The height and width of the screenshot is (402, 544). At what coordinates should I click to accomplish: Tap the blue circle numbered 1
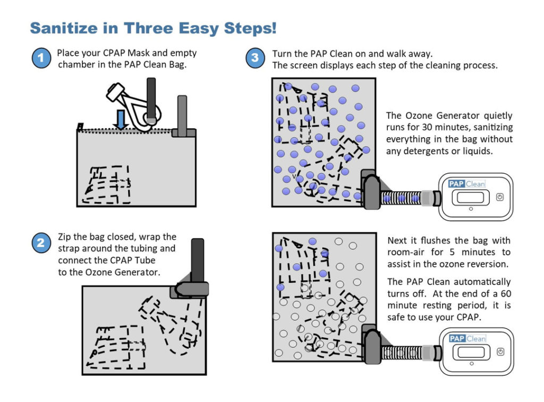(x=41, y=57)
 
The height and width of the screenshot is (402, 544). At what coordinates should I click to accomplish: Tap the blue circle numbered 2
(x=41, y=243)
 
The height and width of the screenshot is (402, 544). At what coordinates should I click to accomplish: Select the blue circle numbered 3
(x=255, y=57)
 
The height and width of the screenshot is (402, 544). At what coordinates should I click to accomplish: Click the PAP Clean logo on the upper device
(x=466, y=183)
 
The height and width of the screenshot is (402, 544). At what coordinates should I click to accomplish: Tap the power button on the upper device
(x=499, y=197)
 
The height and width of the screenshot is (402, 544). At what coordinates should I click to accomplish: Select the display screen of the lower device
(x=471, y=353)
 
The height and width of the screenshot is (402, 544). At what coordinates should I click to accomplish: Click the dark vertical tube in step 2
(x=197, y=261)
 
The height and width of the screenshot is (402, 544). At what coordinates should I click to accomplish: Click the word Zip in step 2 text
(x=64, y=237)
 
